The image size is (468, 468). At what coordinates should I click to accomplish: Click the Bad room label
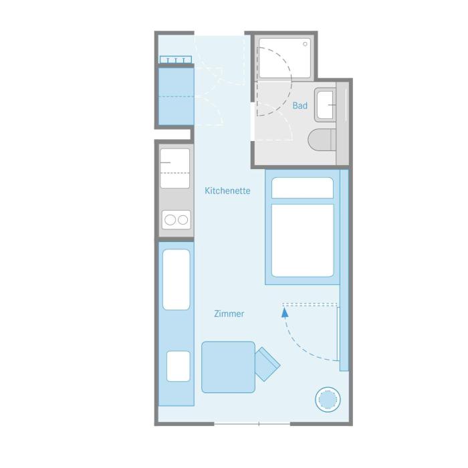(x=300, y=106)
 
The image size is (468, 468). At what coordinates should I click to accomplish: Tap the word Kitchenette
(x=227, y=191)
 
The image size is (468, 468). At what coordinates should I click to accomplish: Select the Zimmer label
(x=229, y=314)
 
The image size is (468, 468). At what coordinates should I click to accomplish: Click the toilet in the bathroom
(x=322, y=140)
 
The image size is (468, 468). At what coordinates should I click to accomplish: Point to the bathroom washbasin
(x=326, y=105)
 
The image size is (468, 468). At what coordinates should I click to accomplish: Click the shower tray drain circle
(x=305, y=44)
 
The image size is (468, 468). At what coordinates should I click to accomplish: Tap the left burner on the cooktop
(x=170, y=220)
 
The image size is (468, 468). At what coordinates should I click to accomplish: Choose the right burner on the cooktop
(x=183, y=220)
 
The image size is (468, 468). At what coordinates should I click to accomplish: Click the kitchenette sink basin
(x=175, y=168)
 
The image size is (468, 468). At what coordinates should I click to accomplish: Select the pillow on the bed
(x=302, y=188)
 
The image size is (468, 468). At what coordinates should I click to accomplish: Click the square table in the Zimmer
(x=229, y=367)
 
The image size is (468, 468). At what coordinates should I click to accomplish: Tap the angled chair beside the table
(x=267, y=364)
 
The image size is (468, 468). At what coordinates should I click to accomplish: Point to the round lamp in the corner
(x=328, y=399)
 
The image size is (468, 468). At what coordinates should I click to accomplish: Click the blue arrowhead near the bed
(x=285, y=313)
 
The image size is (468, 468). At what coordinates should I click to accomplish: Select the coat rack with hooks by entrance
(x=175, y=60)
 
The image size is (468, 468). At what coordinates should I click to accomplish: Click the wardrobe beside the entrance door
(x=176, y=96)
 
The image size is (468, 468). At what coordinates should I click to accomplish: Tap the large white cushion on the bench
(x=177, y=279)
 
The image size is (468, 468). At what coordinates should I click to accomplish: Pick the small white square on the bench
(x=179, y=366)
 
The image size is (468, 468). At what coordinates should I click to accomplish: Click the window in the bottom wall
(x=252, y=424)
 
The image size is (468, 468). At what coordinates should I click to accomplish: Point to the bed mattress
(x=302, y=241)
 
